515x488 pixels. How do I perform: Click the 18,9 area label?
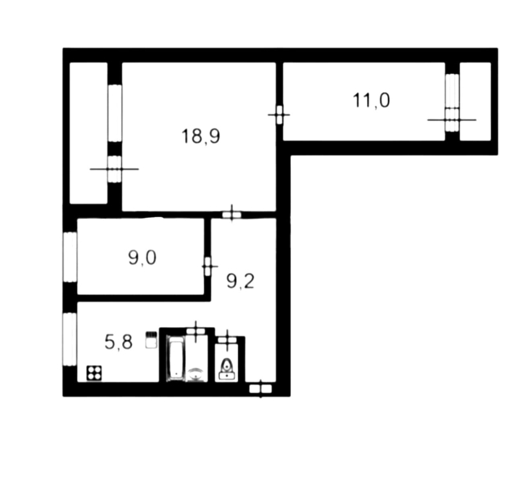pos(201,136)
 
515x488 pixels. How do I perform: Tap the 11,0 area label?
pos(371,100)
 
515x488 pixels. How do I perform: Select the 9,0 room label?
pos(142,258)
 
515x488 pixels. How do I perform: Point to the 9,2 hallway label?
pos(240,281)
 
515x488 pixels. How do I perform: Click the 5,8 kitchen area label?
pos(118,342)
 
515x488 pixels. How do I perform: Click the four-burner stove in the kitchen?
pos(94,373)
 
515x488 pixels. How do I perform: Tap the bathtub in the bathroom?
pos(176,359)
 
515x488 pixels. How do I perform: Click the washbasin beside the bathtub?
pos(196,375)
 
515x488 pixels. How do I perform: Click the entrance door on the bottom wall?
pos(261,389)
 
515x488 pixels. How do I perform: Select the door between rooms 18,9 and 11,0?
pos(279,115)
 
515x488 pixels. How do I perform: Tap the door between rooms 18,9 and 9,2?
pos(232,215)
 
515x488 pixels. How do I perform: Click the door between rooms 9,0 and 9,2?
pos(207,267)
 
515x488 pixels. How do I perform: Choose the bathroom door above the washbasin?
pos(196,331)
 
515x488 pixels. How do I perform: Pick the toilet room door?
pos(227,340)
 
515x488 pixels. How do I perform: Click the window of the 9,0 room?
pos(70,257)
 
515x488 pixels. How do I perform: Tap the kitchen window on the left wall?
pos(70,339)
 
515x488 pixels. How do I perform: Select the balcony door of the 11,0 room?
pos(453,120)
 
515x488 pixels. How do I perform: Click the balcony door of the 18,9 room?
pos(115,169)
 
